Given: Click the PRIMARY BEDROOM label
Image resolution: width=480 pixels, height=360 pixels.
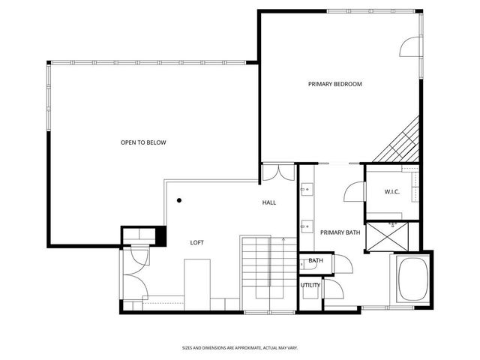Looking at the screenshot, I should click(x=334, y=84).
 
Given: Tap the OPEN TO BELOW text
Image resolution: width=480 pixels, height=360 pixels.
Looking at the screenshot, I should click(x=143, y=142).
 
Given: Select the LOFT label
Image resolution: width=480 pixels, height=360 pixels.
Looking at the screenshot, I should click(x=196, y=242).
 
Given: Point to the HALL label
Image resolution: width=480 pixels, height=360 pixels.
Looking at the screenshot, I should click(x=269, y=203).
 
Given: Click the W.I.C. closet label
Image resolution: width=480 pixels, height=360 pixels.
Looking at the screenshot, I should click(x=391, y=192).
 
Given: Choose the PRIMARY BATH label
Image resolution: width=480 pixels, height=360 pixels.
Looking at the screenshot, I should click(x=340, y=232).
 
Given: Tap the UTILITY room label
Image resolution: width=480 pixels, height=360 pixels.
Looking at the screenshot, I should click(x=310, y=285).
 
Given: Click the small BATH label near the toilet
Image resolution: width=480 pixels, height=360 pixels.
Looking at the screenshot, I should click(x=316, y=261).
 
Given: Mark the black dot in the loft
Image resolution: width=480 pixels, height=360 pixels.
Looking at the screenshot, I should click(x=179, y=200).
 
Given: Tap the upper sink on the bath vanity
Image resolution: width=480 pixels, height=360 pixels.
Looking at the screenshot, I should click(x=305, y=190).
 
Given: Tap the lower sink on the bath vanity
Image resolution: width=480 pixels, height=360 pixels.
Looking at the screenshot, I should click(x=305, y=224).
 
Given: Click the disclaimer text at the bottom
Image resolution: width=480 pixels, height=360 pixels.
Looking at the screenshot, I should click(x=240, y=347).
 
